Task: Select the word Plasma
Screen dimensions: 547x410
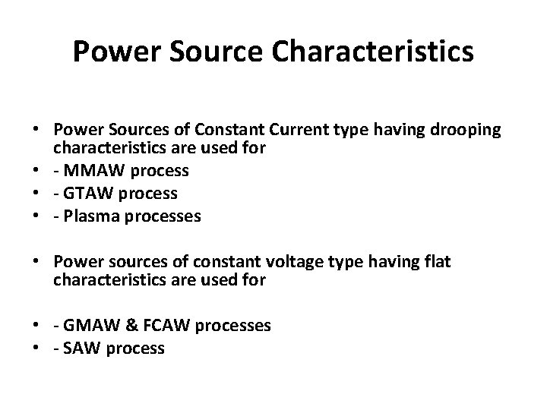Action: coord(90,216)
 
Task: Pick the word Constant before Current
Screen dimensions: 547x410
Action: coord(231,130)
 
